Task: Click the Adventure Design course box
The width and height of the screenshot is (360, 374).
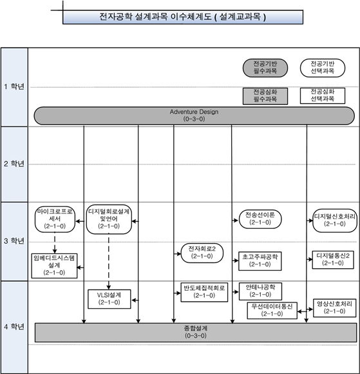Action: (194, 115)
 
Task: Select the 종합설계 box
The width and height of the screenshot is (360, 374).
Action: (196, 333)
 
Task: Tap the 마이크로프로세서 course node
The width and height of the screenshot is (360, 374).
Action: (55, 219)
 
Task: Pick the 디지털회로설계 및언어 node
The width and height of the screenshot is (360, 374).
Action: (109, 219)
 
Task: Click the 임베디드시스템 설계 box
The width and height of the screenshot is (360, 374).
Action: (54, 266)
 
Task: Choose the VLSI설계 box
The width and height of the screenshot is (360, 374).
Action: (109, 299)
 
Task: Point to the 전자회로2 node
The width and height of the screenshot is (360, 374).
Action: (202, 253)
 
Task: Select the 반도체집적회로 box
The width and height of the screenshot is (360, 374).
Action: (204, 292)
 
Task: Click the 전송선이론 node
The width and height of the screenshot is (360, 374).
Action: (260, 219)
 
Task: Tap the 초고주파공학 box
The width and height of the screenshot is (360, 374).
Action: (260, 261)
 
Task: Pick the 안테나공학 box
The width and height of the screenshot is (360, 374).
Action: (260, 291)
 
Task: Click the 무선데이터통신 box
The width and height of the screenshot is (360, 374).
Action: (272, 310)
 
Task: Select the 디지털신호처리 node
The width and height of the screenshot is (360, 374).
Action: (335, 221)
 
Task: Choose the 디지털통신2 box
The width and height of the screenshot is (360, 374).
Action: (333, 260)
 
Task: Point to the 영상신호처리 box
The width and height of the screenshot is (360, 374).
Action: (334, 308)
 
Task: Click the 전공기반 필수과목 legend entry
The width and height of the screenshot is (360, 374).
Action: (265, 68)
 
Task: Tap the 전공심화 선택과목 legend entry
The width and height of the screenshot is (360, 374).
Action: (323, 95)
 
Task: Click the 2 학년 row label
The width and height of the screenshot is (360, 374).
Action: (14, 164)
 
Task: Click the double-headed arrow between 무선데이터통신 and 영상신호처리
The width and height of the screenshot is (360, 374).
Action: (305, 310)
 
